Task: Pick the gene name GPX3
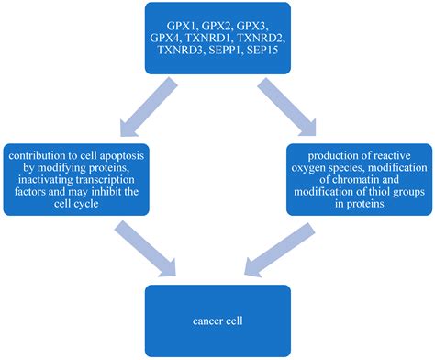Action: [x=265, y=19]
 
